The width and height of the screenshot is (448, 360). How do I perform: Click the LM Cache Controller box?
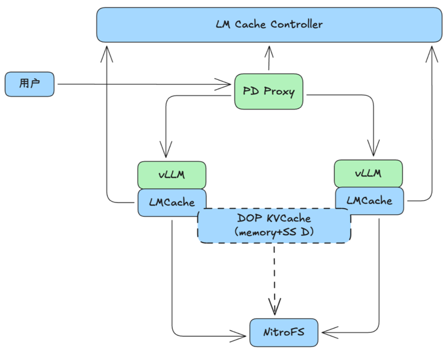coord(269,25)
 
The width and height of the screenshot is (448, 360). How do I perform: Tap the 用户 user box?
coord(30,84)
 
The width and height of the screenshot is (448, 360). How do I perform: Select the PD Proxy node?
coord(269,92)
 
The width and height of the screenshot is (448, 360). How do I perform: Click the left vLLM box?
coord(172,174)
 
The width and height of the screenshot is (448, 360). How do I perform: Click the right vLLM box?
coord(368,173)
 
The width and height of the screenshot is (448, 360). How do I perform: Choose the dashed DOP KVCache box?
coord(274,225)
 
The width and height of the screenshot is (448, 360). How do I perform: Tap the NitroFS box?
coord(284,333)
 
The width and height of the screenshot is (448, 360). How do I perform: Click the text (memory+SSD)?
coord(274,233)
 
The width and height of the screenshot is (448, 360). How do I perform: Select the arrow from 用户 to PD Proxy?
coord(142,83)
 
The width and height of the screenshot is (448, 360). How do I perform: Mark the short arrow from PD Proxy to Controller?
coord(269,60)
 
